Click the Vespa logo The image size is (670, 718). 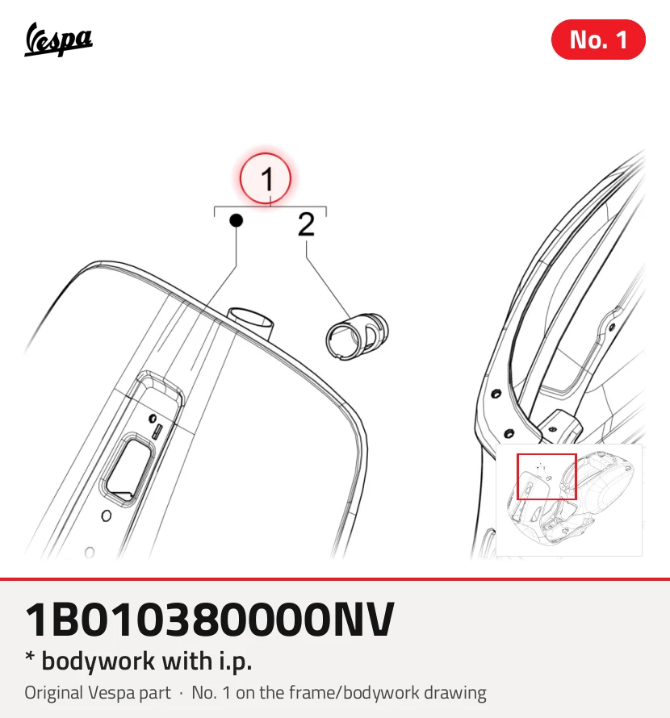[x=58, y=40]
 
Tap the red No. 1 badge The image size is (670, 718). [x=598, y=40]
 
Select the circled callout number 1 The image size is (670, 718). [x=266, y=178]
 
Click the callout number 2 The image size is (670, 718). [x=306, y=224]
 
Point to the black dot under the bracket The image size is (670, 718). [x=236, y=221]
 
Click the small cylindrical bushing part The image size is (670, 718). [x=357, y=336]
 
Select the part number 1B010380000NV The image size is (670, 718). [x=209, y=620]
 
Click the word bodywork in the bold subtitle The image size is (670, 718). [x=98, y=662]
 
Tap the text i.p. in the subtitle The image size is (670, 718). [x=235, y=662]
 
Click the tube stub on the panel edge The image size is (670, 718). [x=252, y=322]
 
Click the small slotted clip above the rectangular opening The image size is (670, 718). [x=157, y=432]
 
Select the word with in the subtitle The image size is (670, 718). [x=187, y=661]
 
